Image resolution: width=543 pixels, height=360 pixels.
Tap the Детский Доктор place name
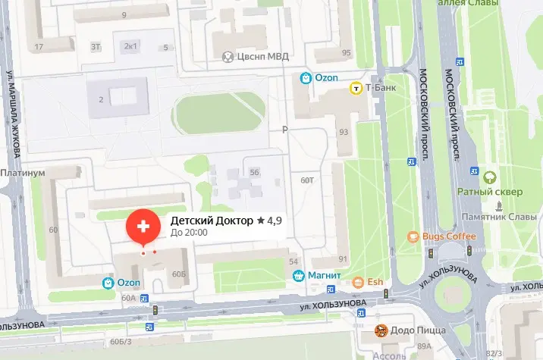pyautogui.click(x=211, y=220)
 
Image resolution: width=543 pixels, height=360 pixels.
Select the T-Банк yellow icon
pyautogui.click(x=354, y=89)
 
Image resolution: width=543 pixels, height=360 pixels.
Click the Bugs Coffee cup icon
pyautogui.click(x=413, y=236)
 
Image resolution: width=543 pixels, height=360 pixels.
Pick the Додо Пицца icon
pyautogui.click(x=382, y=330)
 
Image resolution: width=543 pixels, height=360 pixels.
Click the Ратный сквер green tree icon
pyautogui.click(x=491, y=178)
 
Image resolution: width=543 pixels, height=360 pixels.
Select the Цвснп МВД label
pyautogui.click(x=261, y=56)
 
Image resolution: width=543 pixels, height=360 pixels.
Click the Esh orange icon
pyautogui.click(x=358, y=283)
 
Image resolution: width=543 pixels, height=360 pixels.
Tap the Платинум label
pyautogui.click(x=24, y=173)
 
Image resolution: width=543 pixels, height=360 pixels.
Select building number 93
pyautogui.click(x=344, y=132)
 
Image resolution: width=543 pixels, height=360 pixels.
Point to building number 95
pyautogui.click(x=347, y=52)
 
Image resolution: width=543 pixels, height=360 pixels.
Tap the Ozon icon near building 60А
pyautogui.click(x=109, y=283)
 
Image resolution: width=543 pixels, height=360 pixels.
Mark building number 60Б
pyautogui.click(x=179, y=274)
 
